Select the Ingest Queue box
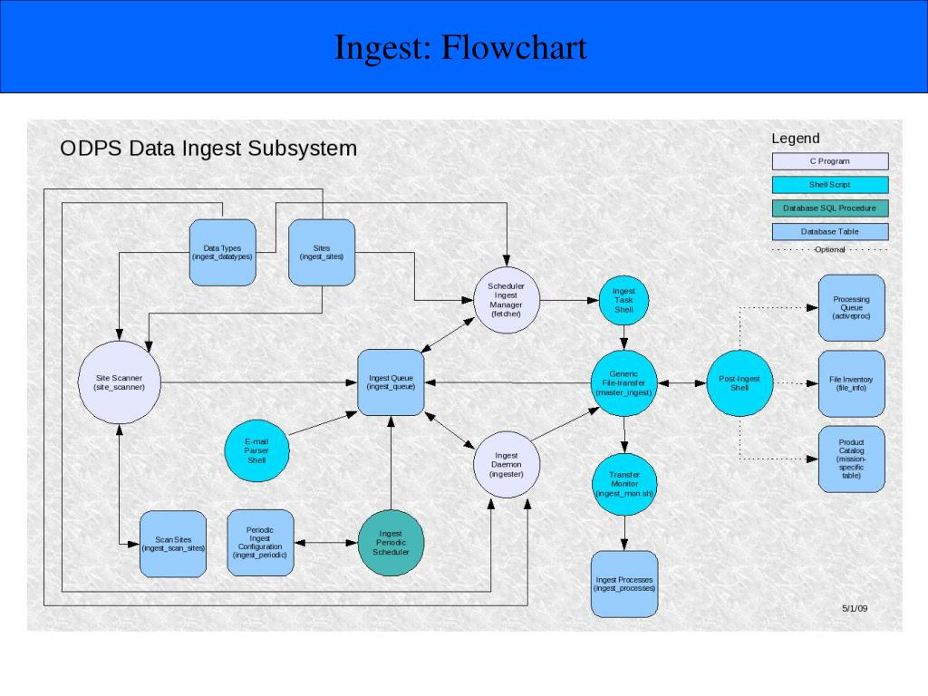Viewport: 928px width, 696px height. tap(391, 382)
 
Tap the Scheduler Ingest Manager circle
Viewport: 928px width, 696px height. tap(507, 300)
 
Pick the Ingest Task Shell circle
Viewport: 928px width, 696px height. tap(623, 300)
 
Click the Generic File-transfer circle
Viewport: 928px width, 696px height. tap(623, 382)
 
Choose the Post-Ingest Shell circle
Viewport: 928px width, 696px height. tap(739, 382)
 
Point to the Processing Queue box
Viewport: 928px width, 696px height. tap(851, 307)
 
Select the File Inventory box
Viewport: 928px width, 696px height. tap(851, 382)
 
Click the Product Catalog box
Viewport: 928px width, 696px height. tap(851, 459)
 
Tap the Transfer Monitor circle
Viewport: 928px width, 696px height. tap(623, 484)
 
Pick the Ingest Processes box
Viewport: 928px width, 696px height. tap(623, 584)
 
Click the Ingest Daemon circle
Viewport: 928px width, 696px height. tap(507, 464)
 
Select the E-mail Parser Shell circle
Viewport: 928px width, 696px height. tap(257, 449)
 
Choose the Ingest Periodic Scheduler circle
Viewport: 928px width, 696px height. tap(391, 542)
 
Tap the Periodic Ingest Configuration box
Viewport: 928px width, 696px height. tap(261, 542)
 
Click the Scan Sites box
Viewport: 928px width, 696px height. tap(173, 544)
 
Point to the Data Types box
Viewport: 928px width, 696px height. tap(222, 252)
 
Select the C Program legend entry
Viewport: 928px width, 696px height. tap(829, 161)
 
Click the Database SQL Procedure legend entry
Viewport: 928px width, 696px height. tap(829, 208)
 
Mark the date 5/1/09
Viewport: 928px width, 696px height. tap(854, 608)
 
